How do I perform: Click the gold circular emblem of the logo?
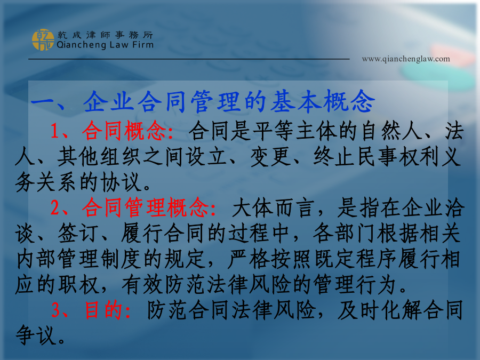coord(43,40)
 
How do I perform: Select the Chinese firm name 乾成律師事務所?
coord(105,35)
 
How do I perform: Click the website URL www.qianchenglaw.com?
coord(406,59)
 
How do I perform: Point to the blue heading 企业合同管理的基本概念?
coord(229,101)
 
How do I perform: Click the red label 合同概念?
coord(124,131)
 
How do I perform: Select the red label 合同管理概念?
coord(146,207)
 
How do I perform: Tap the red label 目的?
coord(103,310)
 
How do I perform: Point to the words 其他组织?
coord(99,156)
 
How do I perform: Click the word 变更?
coord(271,156)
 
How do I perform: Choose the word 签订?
coord(78,233)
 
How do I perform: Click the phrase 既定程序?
coord(356,259)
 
